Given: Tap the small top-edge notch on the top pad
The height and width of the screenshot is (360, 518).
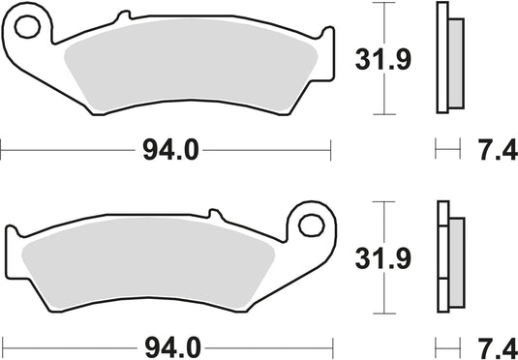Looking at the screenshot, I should [x=124, y=17].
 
